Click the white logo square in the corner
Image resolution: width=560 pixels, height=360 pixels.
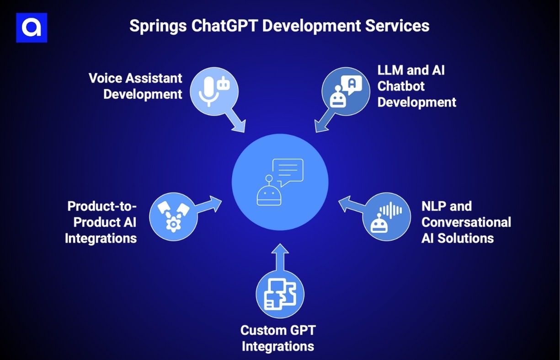(x=32, y=27)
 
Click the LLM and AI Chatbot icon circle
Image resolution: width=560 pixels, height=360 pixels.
(x=346, y=91)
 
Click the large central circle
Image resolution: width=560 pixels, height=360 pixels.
(x=280, y=182)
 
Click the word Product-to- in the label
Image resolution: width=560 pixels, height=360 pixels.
(x=102, y=206)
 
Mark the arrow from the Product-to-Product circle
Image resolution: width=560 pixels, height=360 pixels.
(x=209, y=204)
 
